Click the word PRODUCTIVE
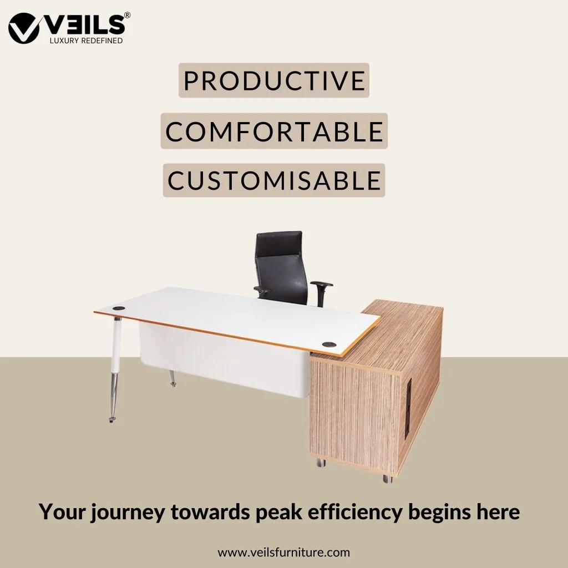click(x=274, y=80)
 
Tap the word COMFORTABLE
click(x=274, y=131)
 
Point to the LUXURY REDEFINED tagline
click(x=86, y=41)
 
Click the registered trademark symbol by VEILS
click(x=128, y=16)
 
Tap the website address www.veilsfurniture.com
click(x=283, y=552)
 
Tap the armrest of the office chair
click(x=321, y=284)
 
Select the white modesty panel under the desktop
click(x=222, y=361)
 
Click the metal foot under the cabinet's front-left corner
click(x=321, y=462)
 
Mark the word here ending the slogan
click(x=498, y=512)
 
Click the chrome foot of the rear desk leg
click(x=173, y=382)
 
